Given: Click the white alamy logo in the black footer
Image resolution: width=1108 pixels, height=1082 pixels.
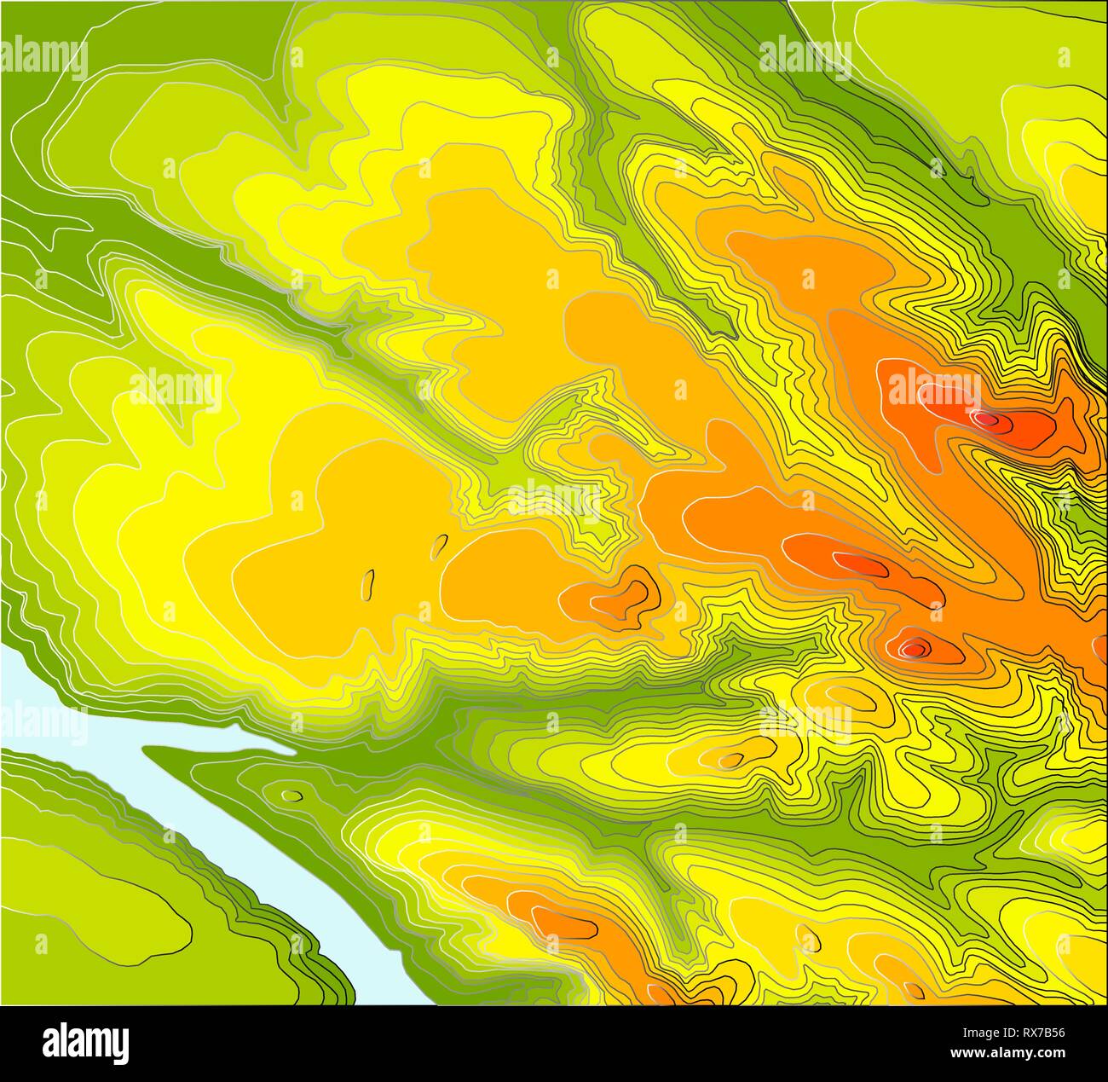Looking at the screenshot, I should (x=86, y=1043).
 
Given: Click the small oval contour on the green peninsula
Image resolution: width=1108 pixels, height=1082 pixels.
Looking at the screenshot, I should (x=292, y=796).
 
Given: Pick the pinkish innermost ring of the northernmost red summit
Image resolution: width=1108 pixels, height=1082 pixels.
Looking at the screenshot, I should (x=986, y=419).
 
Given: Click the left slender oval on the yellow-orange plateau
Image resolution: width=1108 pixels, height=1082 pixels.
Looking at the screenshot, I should (x=368, y=583).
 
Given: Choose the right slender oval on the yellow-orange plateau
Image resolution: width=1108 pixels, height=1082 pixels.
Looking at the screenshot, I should (x=440, y=544).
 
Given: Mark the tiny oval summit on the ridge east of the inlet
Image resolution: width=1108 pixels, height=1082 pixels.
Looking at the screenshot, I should (x=731, y=759).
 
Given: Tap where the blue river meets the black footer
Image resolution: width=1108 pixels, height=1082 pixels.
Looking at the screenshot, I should (x=401, y=1002).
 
